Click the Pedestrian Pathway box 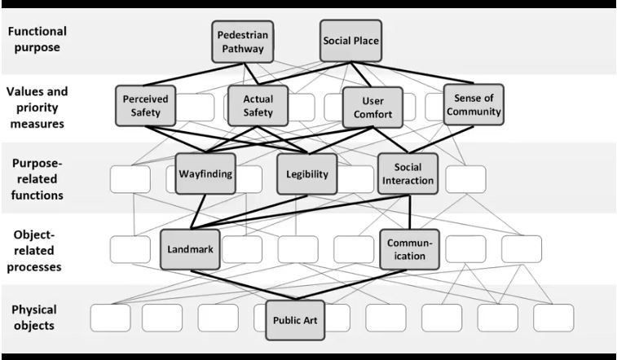(241, 42)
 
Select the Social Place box (350, 40)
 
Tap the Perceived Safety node (146, 106)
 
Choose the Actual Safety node (258, 106)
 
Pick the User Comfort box (372, 108)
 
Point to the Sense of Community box (474, 105)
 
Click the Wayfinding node (205, 173)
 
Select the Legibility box (306, 174)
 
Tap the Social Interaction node (408, 173)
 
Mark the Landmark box (192, 249)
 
